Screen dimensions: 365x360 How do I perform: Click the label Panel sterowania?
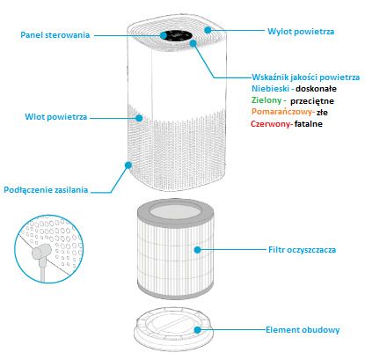(x=55, y=35)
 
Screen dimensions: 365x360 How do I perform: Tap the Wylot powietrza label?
(x=301, y=32)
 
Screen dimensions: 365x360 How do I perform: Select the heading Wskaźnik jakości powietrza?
(x=306, y=77)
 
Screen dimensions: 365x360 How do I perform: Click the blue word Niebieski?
(x=270, y=88)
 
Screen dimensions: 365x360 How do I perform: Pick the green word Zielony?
(x=266, y=100)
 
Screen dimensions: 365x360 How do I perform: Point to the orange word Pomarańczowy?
(x=281, y=112)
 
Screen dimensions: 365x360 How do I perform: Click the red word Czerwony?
(x=270, y=124)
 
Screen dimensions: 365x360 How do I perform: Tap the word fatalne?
(x=309, y=124)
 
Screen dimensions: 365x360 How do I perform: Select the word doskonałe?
(x=316, y=88)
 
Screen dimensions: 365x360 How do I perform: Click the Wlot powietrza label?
(x=56, y=117)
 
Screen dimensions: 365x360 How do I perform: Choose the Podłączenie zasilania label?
(x=46, y=189)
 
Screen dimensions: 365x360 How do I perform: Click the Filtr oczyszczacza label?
(x=302, y=250)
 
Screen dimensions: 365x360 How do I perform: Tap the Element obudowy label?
(x=303, y=330)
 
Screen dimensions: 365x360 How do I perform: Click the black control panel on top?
(x=176, y=35)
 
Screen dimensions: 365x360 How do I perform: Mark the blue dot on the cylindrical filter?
(x=198, y=250)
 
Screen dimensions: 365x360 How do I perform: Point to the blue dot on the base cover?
(x=198, y=330)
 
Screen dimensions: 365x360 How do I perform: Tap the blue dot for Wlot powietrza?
(x=139, y=118)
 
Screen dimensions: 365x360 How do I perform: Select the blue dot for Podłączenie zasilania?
(x=128, y=165)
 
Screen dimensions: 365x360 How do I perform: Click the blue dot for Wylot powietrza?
(x=208, y=30)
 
